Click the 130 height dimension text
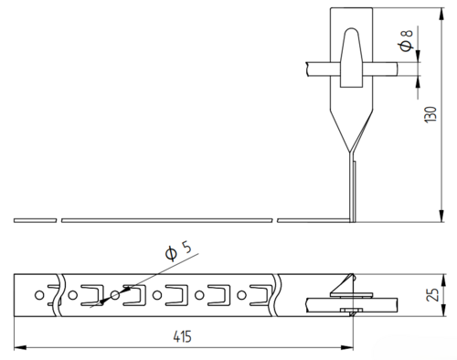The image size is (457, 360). point(430,114)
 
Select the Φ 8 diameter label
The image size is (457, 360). point(406,40)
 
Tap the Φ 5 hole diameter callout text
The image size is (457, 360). point(178,250)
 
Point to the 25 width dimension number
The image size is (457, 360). point(432,295)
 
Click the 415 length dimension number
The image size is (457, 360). point(183,336)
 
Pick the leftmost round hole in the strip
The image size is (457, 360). point(39,295)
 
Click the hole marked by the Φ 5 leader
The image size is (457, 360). point(115,295)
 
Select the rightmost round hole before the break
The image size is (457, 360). point(241,295)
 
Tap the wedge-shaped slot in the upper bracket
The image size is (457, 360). point(351,58)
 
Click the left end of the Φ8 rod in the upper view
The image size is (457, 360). point(306,69)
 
